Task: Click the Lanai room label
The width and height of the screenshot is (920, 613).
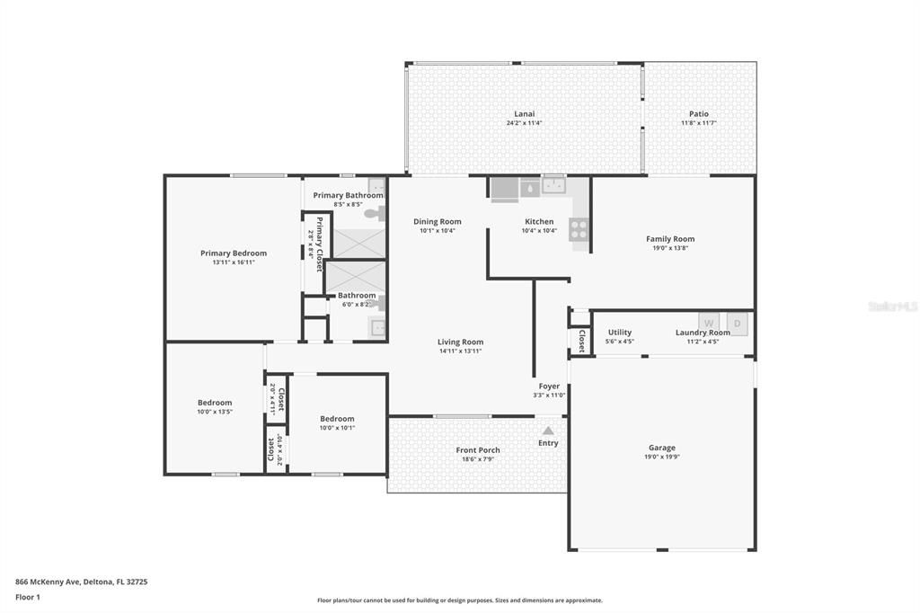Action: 524,114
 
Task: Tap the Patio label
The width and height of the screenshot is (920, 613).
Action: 699,114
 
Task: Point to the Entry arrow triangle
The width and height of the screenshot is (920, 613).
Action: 548,431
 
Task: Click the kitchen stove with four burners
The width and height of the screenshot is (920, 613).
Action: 579,229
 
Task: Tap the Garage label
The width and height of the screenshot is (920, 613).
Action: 662,448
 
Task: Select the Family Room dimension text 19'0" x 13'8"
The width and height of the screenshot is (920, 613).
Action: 670,248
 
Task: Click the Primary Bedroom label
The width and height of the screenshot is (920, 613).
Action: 234,253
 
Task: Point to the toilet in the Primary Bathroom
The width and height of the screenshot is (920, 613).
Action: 373,214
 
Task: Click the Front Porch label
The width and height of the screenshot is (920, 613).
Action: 477,450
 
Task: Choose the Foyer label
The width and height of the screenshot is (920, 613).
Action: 549,386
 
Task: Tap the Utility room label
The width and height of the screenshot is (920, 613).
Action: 620,333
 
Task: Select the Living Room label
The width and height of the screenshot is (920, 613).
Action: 460,342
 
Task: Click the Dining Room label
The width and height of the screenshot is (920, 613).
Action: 438,221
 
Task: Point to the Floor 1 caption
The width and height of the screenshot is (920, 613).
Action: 29,597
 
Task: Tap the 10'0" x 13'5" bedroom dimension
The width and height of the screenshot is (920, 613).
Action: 215,413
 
